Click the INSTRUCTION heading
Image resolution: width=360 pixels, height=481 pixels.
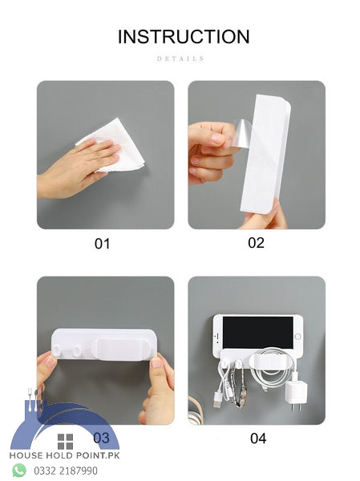184,37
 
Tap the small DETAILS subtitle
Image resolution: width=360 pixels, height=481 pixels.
180,59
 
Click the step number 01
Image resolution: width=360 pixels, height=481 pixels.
102,244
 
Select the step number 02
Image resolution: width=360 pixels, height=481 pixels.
256,243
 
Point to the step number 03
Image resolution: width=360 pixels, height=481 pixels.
101,438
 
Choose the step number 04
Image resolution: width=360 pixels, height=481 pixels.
257,438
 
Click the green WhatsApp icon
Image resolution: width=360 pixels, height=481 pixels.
19,470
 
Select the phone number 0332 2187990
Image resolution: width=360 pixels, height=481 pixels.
66,471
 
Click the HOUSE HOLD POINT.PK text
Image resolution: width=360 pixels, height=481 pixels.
64,456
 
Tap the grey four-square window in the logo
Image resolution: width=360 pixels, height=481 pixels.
65,442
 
